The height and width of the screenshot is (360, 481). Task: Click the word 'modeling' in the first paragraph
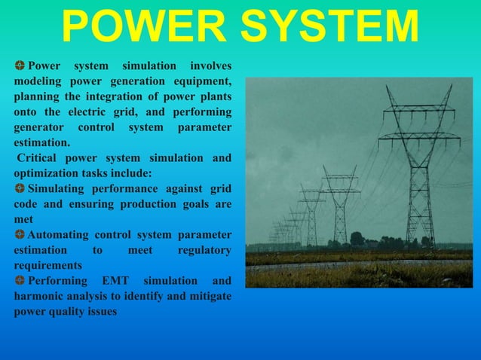(38, 81)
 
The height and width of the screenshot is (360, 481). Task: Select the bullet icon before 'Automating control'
(19, 234)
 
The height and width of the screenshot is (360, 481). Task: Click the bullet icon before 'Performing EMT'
(19, 280)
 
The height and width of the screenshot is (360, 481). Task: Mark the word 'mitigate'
(209, 296)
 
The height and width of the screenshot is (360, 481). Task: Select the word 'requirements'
(48, 265)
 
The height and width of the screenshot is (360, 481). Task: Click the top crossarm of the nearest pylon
(418, 109)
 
